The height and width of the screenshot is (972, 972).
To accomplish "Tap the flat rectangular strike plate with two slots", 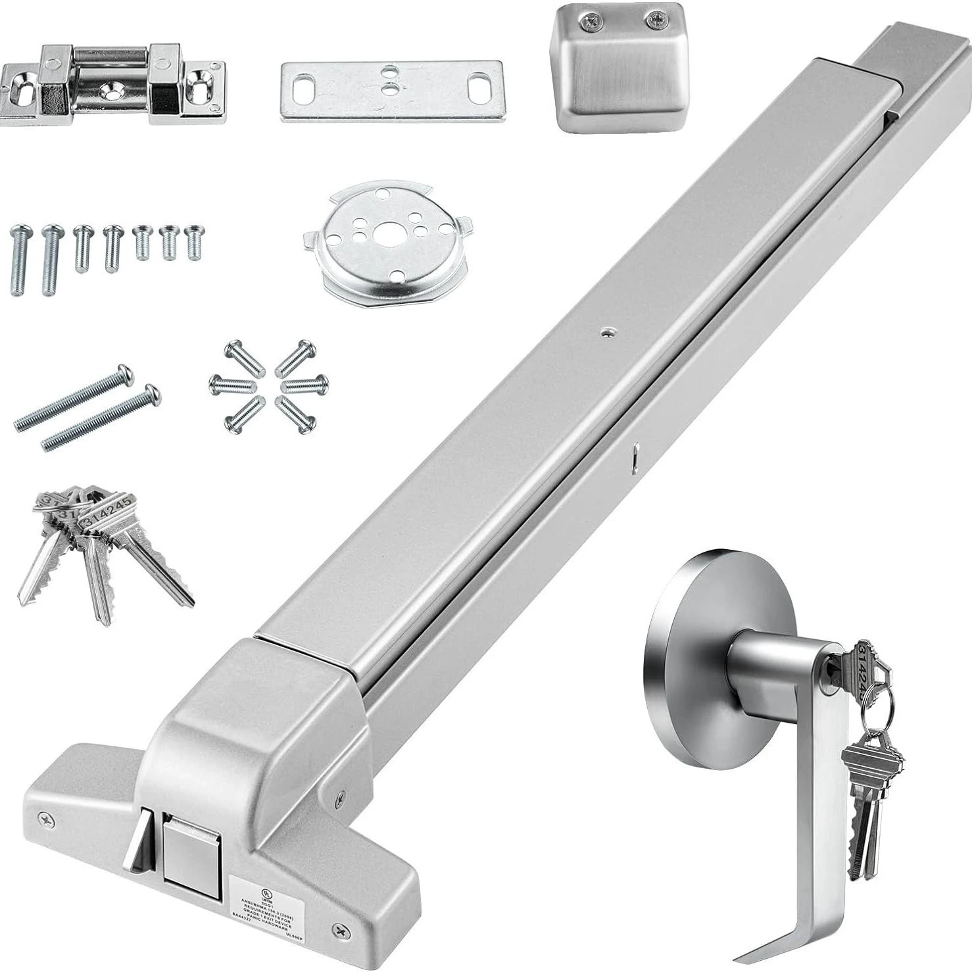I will coord(391,91).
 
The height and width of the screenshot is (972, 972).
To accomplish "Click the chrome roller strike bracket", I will coord(112,84).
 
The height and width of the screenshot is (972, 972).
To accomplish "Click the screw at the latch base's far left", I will coord(47,819).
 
